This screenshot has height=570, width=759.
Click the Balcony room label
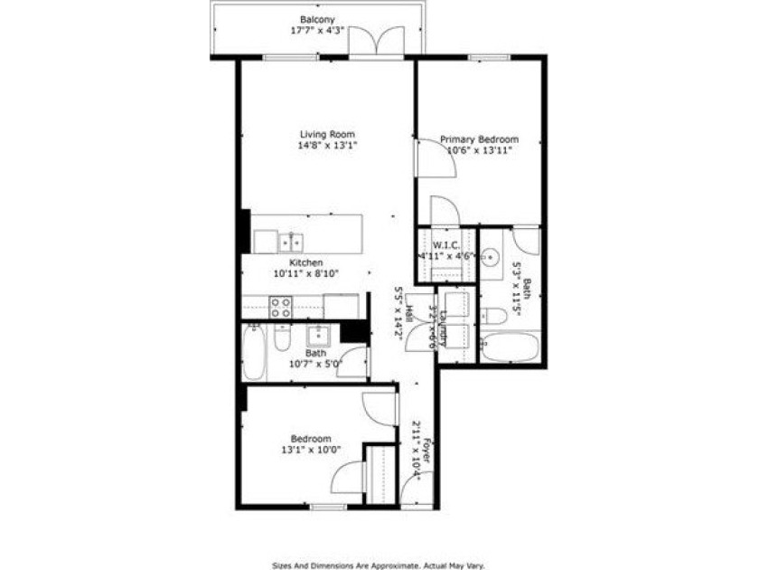coord(317,18)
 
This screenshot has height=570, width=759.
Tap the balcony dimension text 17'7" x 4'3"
coord(317,31)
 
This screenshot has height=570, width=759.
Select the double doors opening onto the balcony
coord(376,42)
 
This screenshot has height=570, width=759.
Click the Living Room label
coord(327,134)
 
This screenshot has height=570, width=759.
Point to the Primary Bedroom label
coord(479,139)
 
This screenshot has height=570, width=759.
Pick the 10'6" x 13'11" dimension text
coord(479,151)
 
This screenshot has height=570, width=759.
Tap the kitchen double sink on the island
coord(290,242)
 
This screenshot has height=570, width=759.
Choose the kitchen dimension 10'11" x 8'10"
coord(307,272)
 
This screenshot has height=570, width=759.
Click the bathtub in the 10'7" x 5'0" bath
coord(254,352)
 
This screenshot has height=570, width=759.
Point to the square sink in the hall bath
coord(318,337)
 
